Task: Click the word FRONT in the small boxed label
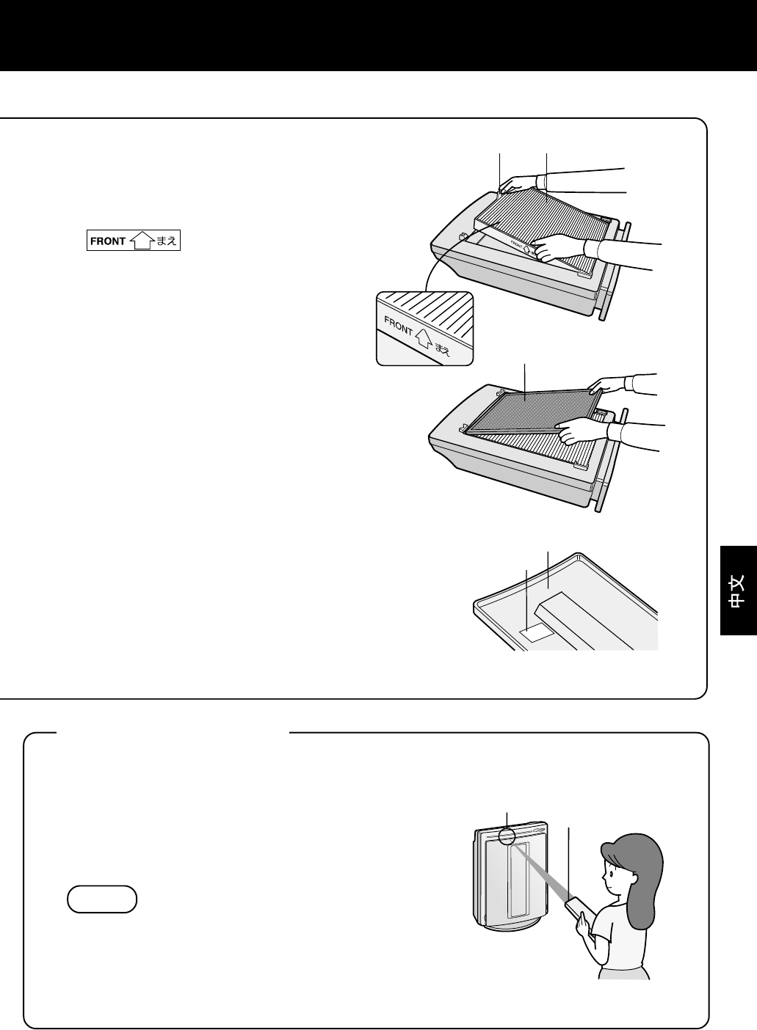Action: (108, 241)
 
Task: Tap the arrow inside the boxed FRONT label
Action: (142, 241)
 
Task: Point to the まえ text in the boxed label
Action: (166, 241)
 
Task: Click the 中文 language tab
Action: (738, 591)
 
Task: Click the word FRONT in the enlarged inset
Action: (398, 326)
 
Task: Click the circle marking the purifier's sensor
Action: (507, 836)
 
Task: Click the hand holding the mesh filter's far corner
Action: (610, 384)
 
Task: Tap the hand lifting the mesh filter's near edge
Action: (582, 431)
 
